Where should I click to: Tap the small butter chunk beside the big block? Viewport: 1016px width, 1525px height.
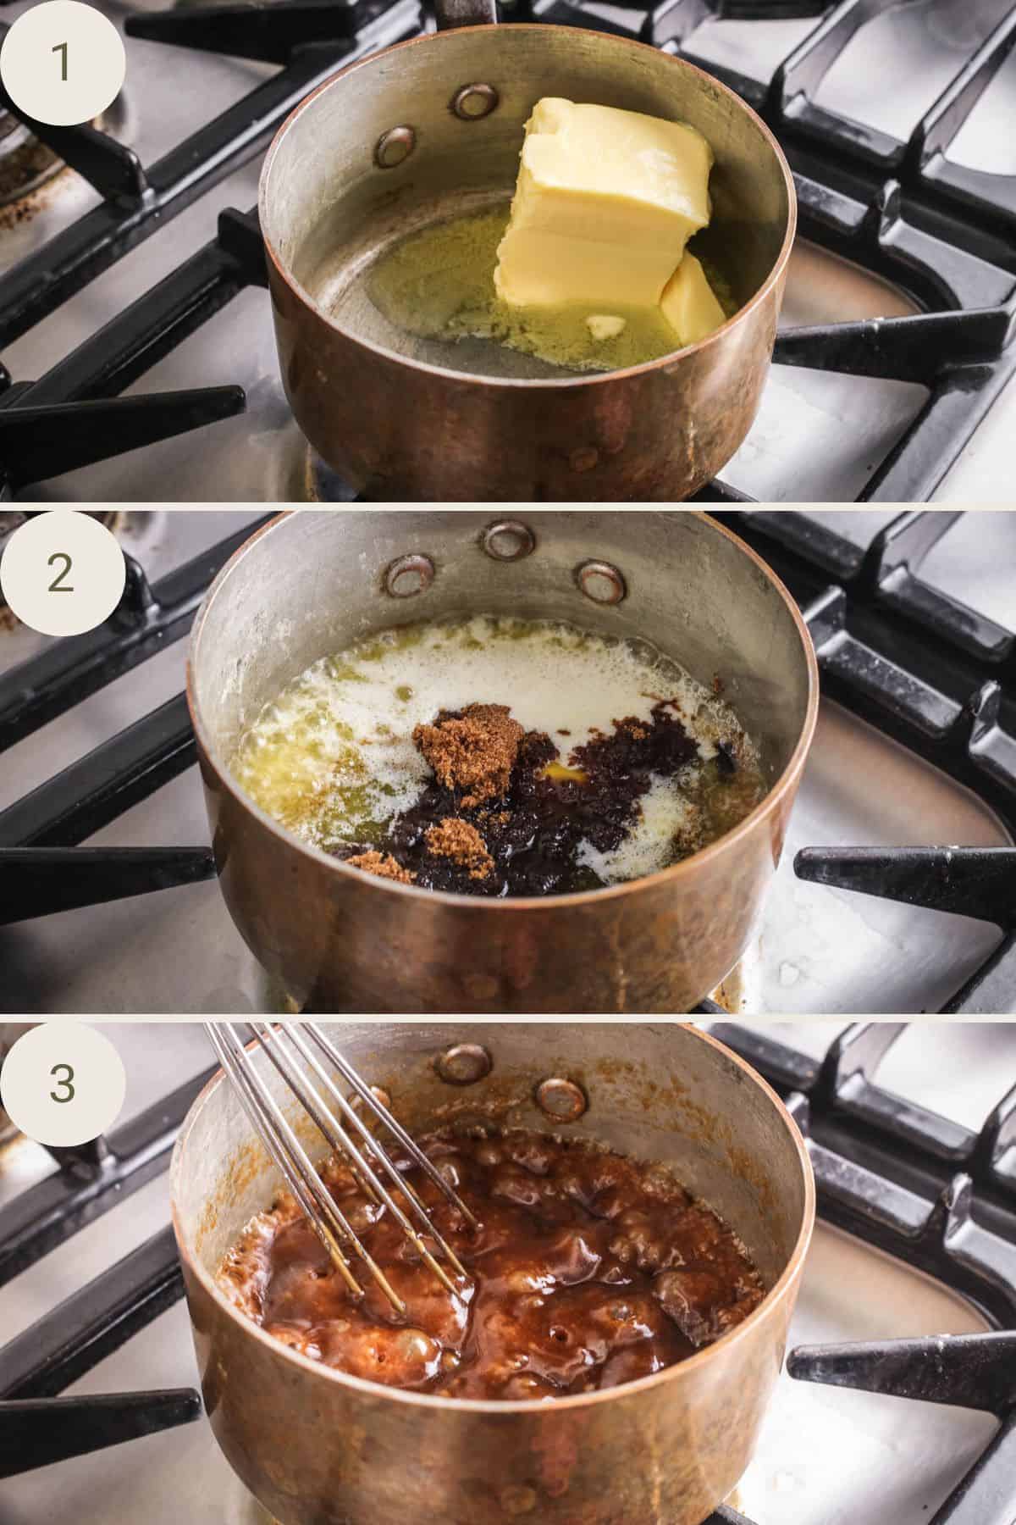(x=690, y=297)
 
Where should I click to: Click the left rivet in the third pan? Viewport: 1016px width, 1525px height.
(x=467, y=1060)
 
